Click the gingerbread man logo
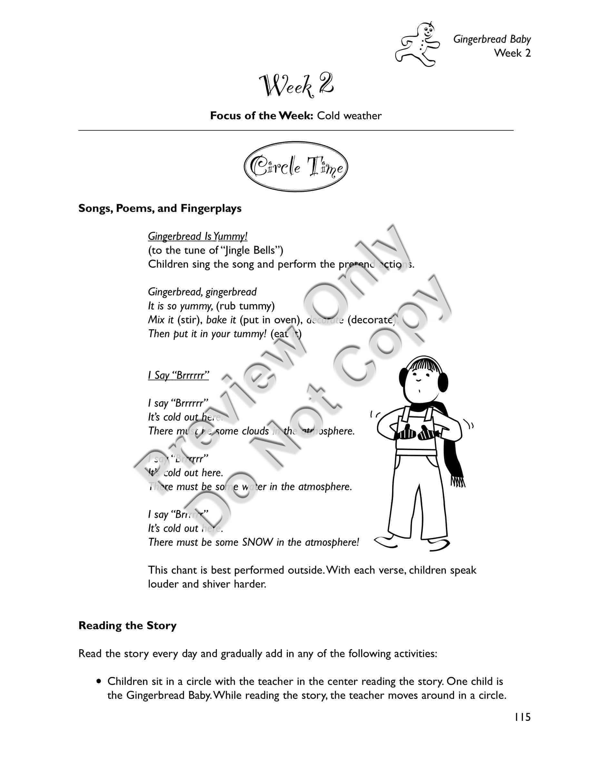coord(417,44)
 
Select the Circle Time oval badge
coord(296,167)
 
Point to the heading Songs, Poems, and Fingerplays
coord(160,208)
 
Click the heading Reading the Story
coord(127,626)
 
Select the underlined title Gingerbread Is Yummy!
coord(197,236)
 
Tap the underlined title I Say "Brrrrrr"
coord(178,375)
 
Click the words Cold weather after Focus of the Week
coord(349,116)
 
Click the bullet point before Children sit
coord(100,682)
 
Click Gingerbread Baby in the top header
coord(492,39)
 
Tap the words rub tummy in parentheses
coord(245,306)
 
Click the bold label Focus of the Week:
coord(261,116)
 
